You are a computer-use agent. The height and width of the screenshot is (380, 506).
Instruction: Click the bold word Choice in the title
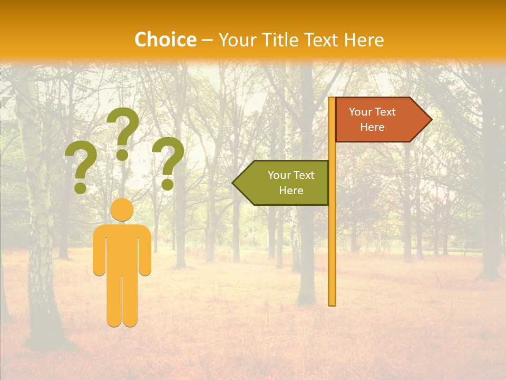click(165, 40)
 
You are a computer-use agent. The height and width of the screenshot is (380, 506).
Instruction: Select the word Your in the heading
click(236, 40)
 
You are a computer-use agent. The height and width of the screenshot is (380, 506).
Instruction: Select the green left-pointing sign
click(285, 183)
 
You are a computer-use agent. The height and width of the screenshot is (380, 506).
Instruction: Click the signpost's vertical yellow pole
click(332, 237)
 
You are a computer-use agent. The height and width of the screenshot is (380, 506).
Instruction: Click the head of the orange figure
click(122, 210)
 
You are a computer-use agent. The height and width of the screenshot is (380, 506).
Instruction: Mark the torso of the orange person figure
click(122, 248)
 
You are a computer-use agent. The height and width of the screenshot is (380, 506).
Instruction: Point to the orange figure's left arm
click(99, 251)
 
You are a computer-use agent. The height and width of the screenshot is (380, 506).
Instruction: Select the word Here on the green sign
click(291, 191)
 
